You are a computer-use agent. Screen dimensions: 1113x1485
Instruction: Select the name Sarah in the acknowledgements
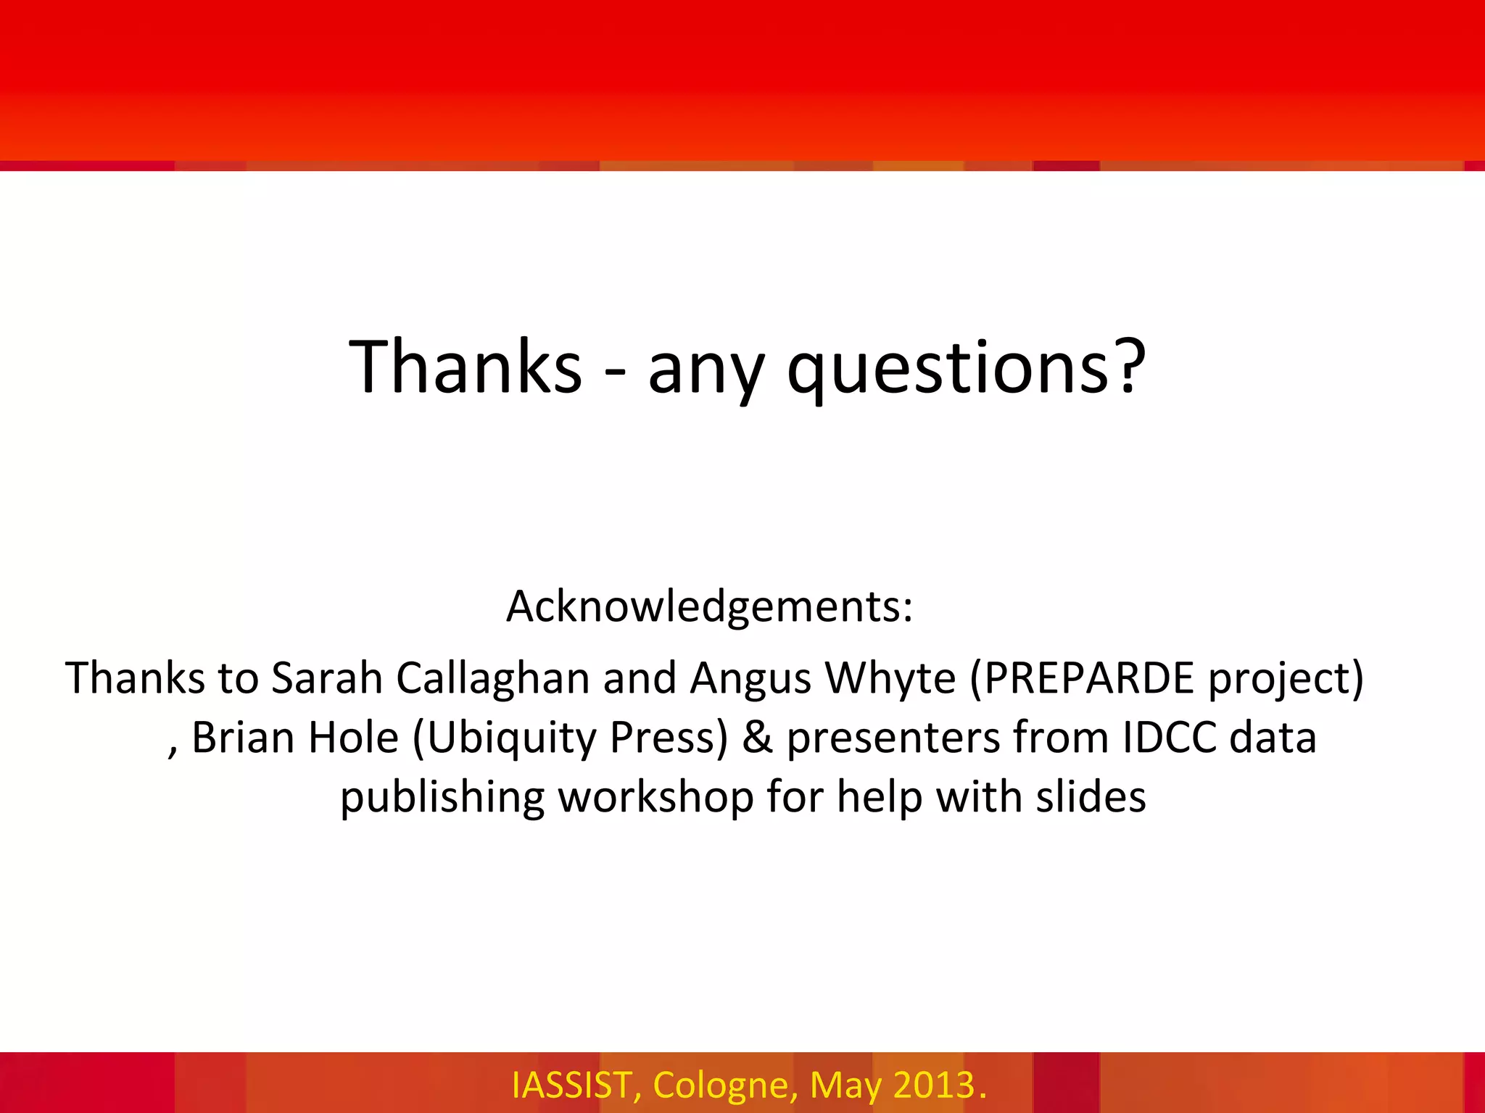click(326, 678)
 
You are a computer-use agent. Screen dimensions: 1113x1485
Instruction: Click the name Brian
click(243, 738)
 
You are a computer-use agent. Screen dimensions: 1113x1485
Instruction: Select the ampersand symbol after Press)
click(757, 738)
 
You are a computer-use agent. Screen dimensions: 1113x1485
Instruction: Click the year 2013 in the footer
click(934, 1085)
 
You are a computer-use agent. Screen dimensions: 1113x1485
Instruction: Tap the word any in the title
click(706, 370)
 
